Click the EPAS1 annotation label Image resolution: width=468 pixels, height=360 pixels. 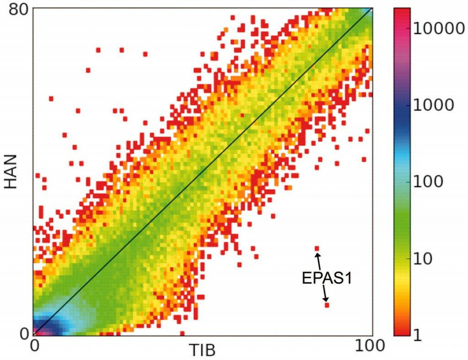(x=327, y=278)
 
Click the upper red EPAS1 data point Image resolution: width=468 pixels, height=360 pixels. (x=317, y=249)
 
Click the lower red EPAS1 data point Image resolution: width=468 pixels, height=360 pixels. (x=327, y=305)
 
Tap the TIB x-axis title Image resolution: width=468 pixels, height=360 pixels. (x=202, y=349)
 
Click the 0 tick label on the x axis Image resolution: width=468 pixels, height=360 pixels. (x=35, y=345)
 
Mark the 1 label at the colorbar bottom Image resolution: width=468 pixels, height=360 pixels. (x=416, y=335)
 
